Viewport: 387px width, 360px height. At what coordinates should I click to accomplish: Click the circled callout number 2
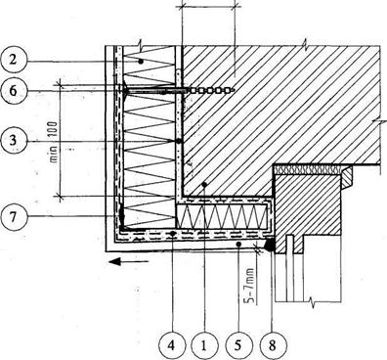click(13, 60)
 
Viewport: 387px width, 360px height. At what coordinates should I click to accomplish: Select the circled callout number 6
click(13, 91)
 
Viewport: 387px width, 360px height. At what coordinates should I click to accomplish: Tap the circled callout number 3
click(13, 140)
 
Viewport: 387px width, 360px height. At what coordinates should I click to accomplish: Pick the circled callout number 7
click(13, 217)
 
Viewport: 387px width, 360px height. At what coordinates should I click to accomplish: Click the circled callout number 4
click(172, 346)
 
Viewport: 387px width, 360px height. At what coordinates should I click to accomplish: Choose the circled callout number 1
click(204, 346)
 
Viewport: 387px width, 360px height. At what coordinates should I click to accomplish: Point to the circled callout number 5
click(237, 346)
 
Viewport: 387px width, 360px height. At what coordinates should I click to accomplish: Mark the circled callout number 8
click(273, 346)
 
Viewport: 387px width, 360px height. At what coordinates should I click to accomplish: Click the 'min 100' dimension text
click(53, 142)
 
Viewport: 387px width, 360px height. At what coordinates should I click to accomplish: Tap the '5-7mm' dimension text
click(249, 285)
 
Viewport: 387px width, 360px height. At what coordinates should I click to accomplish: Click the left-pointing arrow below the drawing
click(129, 261)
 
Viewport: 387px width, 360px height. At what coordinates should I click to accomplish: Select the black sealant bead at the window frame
click(270, 246)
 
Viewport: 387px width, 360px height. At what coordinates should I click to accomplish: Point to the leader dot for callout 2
click(141, 62)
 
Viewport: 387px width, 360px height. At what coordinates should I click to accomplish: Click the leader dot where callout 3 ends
click(179, 141)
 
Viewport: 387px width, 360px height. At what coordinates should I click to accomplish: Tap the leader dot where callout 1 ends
click(204, 185)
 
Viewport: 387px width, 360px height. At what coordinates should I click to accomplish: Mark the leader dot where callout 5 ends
click(238, 244)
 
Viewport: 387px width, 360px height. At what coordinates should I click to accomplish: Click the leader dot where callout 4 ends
click(173, 233)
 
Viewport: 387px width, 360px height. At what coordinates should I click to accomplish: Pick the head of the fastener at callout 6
click(125, 89)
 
